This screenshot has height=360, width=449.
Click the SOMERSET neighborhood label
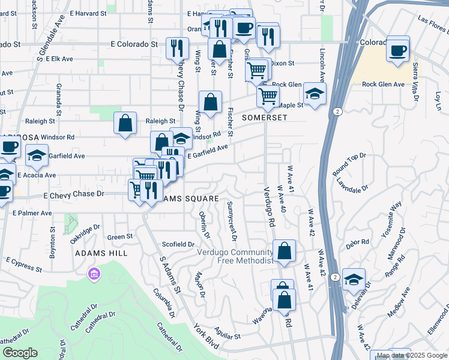point(261,118)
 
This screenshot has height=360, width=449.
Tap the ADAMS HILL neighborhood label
point(101,253)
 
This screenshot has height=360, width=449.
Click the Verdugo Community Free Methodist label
point(235,256)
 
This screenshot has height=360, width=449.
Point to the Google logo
point(20,353)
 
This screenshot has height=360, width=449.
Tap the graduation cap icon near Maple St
point(314,94)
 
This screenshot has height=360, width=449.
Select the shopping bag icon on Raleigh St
point(125,124)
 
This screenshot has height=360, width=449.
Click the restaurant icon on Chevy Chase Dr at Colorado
point(177,48)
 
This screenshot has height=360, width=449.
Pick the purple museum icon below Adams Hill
point(94,275)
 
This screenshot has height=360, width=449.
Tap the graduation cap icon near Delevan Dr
point(354,279)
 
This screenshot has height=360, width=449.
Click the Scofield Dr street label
point(178,244)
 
